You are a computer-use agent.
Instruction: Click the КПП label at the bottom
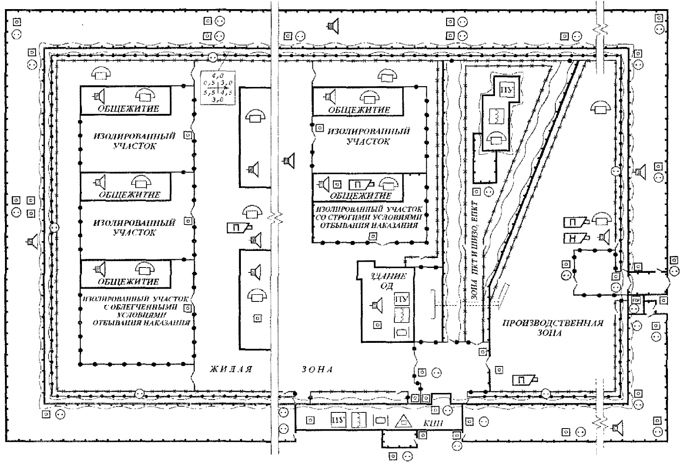point(433,423)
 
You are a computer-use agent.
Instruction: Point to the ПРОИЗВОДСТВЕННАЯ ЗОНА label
point(552,328)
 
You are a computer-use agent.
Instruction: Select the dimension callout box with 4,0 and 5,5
point(217,87)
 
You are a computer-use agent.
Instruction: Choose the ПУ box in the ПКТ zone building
point(505,90)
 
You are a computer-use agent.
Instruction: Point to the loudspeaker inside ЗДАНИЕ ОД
point(375,305)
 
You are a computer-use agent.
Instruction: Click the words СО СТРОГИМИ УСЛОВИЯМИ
point(370,217)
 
